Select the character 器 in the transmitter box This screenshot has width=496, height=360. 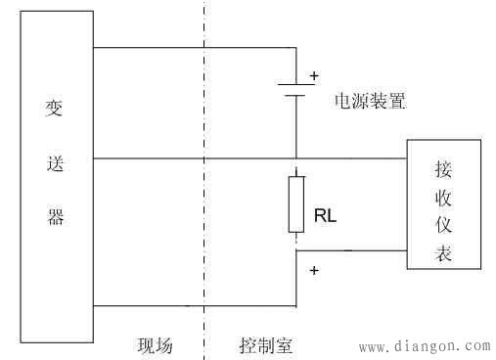point(57,217)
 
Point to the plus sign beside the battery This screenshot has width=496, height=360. point(314,74)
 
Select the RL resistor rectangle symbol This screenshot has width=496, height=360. point(295,203)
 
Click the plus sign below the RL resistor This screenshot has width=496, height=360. point(315,269)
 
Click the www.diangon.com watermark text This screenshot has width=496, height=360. point(425,346)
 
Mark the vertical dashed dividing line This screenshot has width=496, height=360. point(203,196)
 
